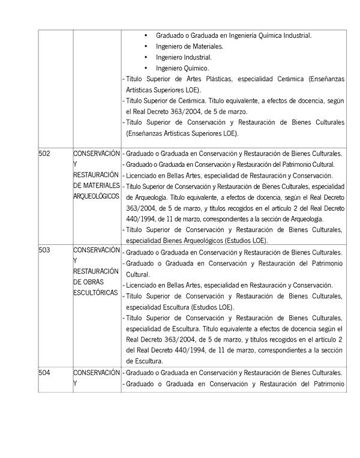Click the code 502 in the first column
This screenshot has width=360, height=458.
coord(44,153)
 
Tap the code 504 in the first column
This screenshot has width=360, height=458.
coord(44,372)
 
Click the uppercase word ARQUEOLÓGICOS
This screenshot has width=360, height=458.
coord(96,196)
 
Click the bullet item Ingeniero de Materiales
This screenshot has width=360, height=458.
coord(189,46)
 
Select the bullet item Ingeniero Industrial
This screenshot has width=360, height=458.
coord(184,58)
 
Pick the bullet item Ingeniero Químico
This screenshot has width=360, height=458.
coord(182,68)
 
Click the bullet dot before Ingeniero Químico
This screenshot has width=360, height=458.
coord(146,68)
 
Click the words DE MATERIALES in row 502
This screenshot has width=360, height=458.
coord(97,185)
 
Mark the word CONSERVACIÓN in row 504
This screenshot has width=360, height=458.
coord(97,372)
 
